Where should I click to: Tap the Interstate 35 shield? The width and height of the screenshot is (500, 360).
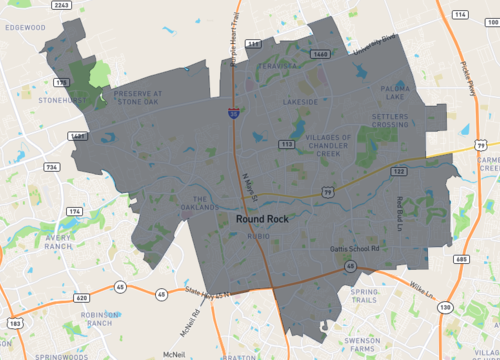coord(233,115)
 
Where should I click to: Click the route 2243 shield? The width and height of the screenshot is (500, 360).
coord(61,6)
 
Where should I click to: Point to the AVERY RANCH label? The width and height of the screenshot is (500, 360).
coord(78,243)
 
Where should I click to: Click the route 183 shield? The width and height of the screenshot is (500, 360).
coord(16,323)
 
